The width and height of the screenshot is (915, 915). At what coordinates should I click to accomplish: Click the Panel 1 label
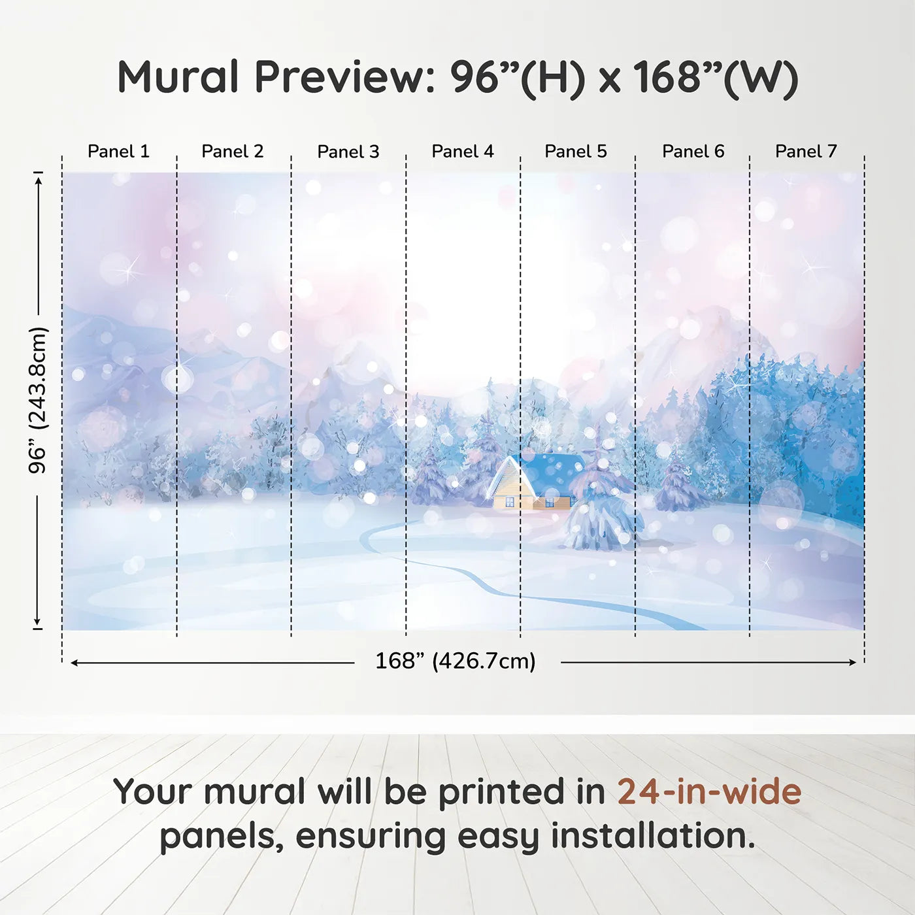pyautogui.click(x=118, y=152)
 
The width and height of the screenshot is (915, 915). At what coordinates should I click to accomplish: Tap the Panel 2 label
pyautogui.click(x=232, y=152)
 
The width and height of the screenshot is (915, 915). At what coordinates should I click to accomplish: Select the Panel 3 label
pyautogui.click(x=348, y=152)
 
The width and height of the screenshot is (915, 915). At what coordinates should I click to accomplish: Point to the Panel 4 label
pyautogui.click(x=462, y=152)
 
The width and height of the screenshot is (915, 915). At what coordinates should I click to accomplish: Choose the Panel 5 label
pyautogui.click(x=575, y=152)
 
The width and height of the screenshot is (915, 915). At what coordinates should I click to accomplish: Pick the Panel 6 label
pyautogui.click(x=693, y=152)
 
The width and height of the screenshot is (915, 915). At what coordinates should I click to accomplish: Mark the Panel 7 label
pyautogui.click(x=805, y=152)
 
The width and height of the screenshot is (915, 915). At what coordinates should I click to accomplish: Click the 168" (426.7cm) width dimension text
pyautogui.click(x=455, y=661)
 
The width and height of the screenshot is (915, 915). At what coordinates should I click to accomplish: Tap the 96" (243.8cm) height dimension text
pyautogui.click(x=38, y=400)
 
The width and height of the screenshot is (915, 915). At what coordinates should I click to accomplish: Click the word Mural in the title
pyautogui.click(x=178, y=77)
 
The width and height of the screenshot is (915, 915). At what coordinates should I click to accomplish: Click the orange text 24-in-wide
pyautogui.click(x=708, y=792)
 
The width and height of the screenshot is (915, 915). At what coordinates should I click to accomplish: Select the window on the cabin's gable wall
pyautogui.click(x=510, y=502)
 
